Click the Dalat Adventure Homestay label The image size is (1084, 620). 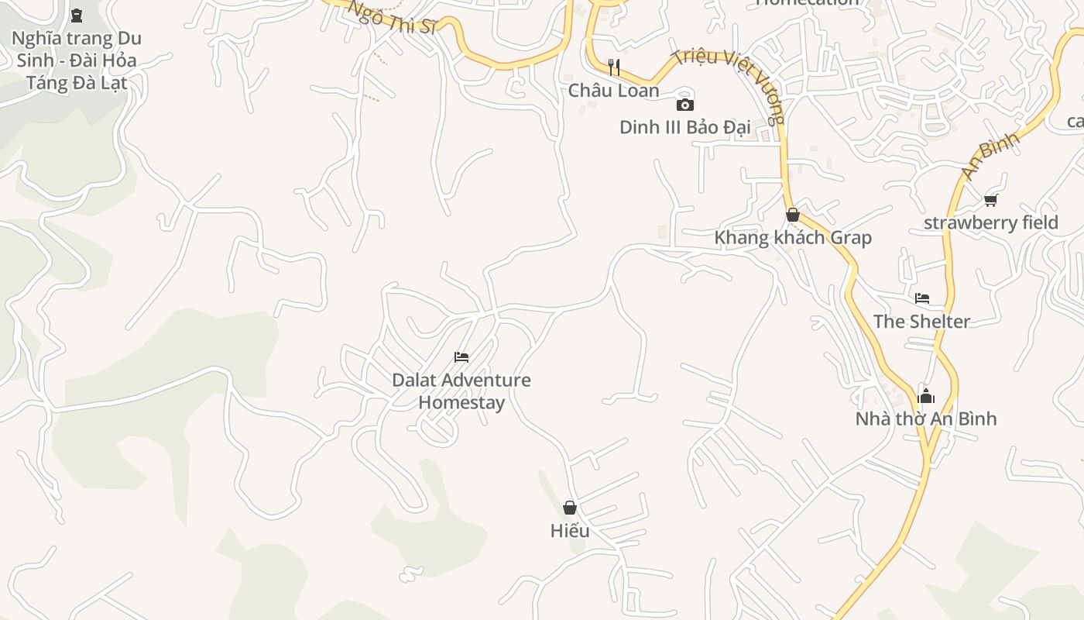click(x=461, y=391)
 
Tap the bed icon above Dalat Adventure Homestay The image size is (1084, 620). click(x=461, y=356)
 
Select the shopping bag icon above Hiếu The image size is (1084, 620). click(x=570, y=508)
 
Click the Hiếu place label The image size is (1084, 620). click(x=570, y=531)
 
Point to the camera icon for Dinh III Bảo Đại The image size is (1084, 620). click(x=684, y=105)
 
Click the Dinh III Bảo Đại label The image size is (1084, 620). click(x=684, y=127)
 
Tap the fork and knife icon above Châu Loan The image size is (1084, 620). click(x=614, y=67)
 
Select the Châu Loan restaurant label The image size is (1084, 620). click(x=614, y=91)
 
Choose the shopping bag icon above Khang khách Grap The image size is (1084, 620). click(x=792, y=215)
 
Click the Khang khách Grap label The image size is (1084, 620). click(x=792, y=238)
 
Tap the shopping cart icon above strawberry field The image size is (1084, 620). click(x=990, y=200)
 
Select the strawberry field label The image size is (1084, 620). click(x=990, y=223)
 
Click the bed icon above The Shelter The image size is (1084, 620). click(x=921, y=298)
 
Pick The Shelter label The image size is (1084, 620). click(x=921, y=322)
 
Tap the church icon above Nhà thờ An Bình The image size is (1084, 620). click(x=925, y=396)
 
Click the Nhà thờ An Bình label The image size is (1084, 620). click(x=925, y=419)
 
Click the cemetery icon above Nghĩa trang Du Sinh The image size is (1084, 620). click(x=76, y=15)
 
